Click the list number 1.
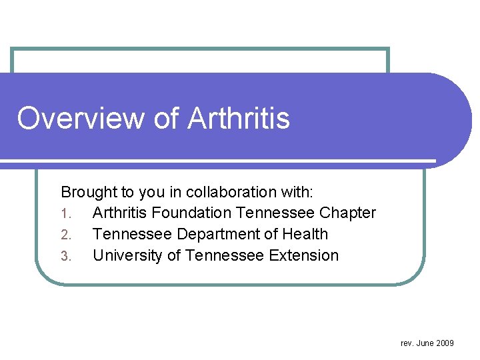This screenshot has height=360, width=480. (x=65, y=214)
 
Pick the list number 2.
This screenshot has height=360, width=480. (x=65, y=235)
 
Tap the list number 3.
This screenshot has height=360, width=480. (x=65, y=257)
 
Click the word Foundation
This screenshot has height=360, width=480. (x=188, y=213)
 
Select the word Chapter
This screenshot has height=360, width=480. (x=347, y=213)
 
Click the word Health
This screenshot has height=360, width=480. (x=305, y=235)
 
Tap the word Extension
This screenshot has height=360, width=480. (x=307, y=256)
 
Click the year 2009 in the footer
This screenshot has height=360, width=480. (x=445, y=343)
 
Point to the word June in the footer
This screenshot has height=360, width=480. (x=425, y=343)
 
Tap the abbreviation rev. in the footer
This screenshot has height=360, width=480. (x=407, y=343)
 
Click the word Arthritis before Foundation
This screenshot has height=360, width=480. (x=120, y=213)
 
